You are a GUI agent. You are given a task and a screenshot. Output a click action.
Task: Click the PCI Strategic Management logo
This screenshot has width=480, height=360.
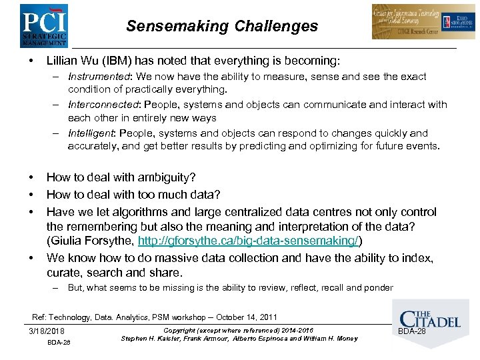tap(44, 25)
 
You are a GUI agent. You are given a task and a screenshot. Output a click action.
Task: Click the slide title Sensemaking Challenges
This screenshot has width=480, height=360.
tap(222, 27)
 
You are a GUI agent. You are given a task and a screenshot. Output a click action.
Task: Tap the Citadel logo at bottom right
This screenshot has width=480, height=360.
tap(429, 313)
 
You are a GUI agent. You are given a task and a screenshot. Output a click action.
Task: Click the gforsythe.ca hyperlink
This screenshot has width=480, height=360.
tap(250, 242)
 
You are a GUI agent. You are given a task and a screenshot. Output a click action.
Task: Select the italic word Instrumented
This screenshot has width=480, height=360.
tap(96, 77)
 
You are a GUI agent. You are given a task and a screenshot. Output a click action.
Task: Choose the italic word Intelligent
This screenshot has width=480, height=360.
tap(92, 133)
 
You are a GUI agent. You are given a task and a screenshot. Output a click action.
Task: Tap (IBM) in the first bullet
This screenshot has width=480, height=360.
tap(118, 61)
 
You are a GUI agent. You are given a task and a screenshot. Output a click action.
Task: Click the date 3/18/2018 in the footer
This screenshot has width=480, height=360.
tap(47, 331)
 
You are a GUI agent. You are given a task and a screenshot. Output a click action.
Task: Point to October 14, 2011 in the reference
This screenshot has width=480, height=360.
tap(245, 317)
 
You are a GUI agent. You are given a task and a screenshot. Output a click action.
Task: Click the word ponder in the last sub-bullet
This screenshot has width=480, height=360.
tap(377, 288)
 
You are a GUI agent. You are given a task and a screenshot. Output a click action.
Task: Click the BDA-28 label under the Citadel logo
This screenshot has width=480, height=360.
tap(411, 331)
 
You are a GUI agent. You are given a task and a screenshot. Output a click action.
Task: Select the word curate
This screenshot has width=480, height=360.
tap(63, 273)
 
